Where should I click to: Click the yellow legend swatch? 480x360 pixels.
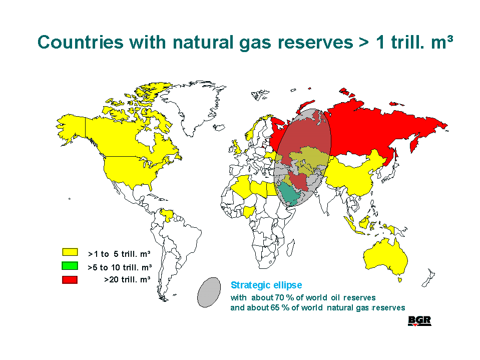tap(70, 252)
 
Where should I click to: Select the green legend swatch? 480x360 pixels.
tap(70, 266)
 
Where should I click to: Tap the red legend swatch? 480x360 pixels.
tap(70, 279)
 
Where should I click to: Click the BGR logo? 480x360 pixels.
tap(419, 321)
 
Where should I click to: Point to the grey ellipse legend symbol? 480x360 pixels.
tap(209, 292)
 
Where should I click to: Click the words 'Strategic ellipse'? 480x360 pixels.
tap(266, 285)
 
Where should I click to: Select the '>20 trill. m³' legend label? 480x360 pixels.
tap(127, 279)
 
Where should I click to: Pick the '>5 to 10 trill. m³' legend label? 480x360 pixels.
tap(120, 267)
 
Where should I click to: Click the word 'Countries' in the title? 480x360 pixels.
tap(81, 42)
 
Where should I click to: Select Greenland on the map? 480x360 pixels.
tap(193, 104)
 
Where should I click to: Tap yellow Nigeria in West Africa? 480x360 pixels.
tap(249, 211)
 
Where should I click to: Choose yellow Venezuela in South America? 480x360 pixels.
tap(167, 214)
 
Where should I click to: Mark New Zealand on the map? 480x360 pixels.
tap(428, 278)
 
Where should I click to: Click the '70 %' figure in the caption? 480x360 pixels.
tap(282, 297)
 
